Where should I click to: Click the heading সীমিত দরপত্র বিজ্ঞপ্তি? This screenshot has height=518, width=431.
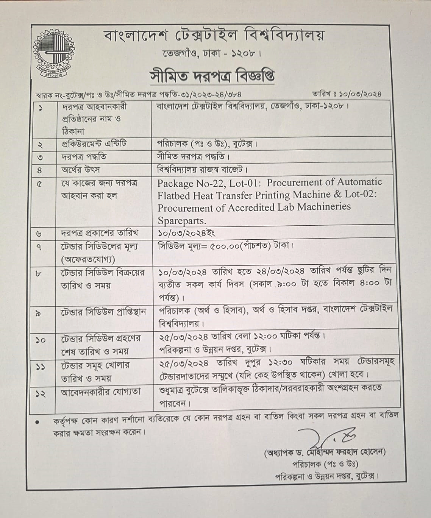pos(212,76)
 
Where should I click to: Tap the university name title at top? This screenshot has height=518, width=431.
pos(214,36)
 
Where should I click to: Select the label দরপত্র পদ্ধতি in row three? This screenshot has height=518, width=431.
pos(84,157)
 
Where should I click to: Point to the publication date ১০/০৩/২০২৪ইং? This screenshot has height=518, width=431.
pos(187,232)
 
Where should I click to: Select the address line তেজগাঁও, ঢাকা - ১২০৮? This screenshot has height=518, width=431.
pos(212,54)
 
